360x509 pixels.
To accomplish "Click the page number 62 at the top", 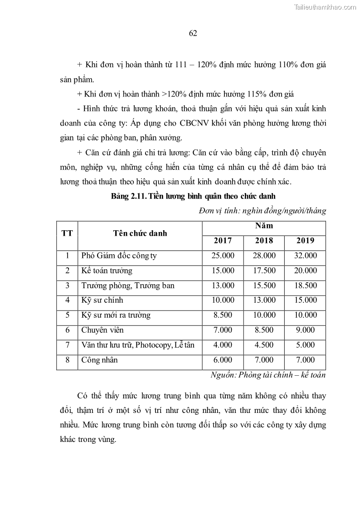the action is (192, 33).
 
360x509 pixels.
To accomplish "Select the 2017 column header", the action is (223, 241).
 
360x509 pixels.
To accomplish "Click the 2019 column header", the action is (305, 241).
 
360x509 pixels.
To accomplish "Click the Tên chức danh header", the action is (140, 233).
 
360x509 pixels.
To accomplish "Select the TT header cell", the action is (67, 233).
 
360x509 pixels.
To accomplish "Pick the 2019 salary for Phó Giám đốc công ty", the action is (305, 256).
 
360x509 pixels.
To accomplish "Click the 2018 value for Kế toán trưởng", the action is (264, 271).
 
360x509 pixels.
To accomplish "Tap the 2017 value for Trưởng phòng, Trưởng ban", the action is (223, 286).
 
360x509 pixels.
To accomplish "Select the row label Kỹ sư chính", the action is (102, 300).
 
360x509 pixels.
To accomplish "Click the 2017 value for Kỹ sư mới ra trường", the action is (223, 315).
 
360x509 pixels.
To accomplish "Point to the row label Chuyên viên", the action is (102, 330).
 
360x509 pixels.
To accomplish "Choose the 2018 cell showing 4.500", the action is (264, 345).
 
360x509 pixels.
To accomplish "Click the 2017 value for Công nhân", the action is (223, 360).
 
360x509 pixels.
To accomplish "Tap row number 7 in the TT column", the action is (67, 345).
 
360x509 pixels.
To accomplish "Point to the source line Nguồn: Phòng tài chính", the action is (268, 375).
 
